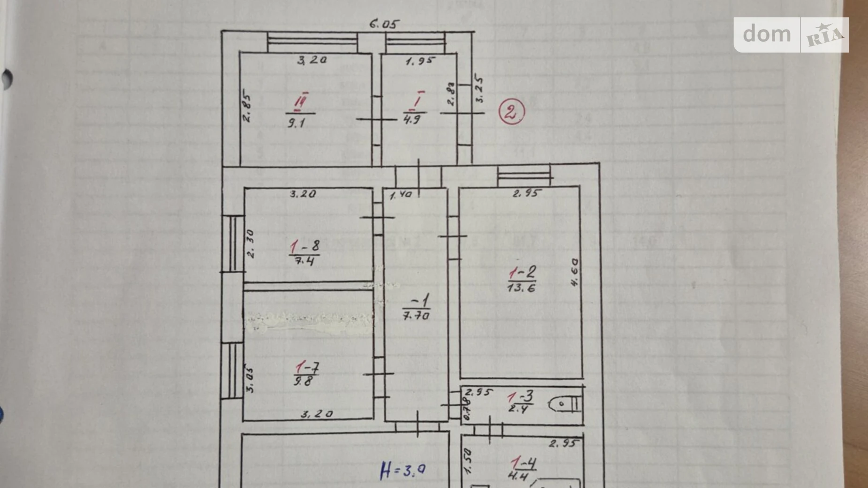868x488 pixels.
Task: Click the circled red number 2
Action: click(511, 113)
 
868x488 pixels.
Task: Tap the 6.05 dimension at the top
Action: click(384, 23)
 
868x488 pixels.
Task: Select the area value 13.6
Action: click(521, 287)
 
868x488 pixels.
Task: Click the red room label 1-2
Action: click(522, 273)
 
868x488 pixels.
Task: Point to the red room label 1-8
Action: click(305, 246)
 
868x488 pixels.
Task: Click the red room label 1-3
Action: click(521, 397)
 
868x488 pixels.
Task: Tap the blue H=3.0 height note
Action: click(403, 470)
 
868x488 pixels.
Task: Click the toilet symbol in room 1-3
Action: click(565, 404)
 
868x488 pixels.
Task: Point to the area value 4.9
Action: click(412, 119)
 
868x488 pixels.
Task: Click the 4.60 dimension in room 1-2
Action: click(574, 272)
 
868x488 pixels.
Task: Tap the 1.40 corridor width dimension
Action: click(401, 194)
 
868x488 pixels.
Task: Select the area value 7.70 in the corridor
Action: click(416, 316)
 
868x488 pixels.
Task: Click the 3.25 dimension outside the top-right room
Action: click(479, 88)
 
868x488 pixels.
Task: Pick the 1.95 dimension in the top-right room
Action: click(420, 61)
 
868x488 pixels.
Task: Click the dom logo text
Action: click(767, 34)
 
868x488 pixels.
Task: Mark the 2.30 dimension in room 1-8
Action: click(251, 244)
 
